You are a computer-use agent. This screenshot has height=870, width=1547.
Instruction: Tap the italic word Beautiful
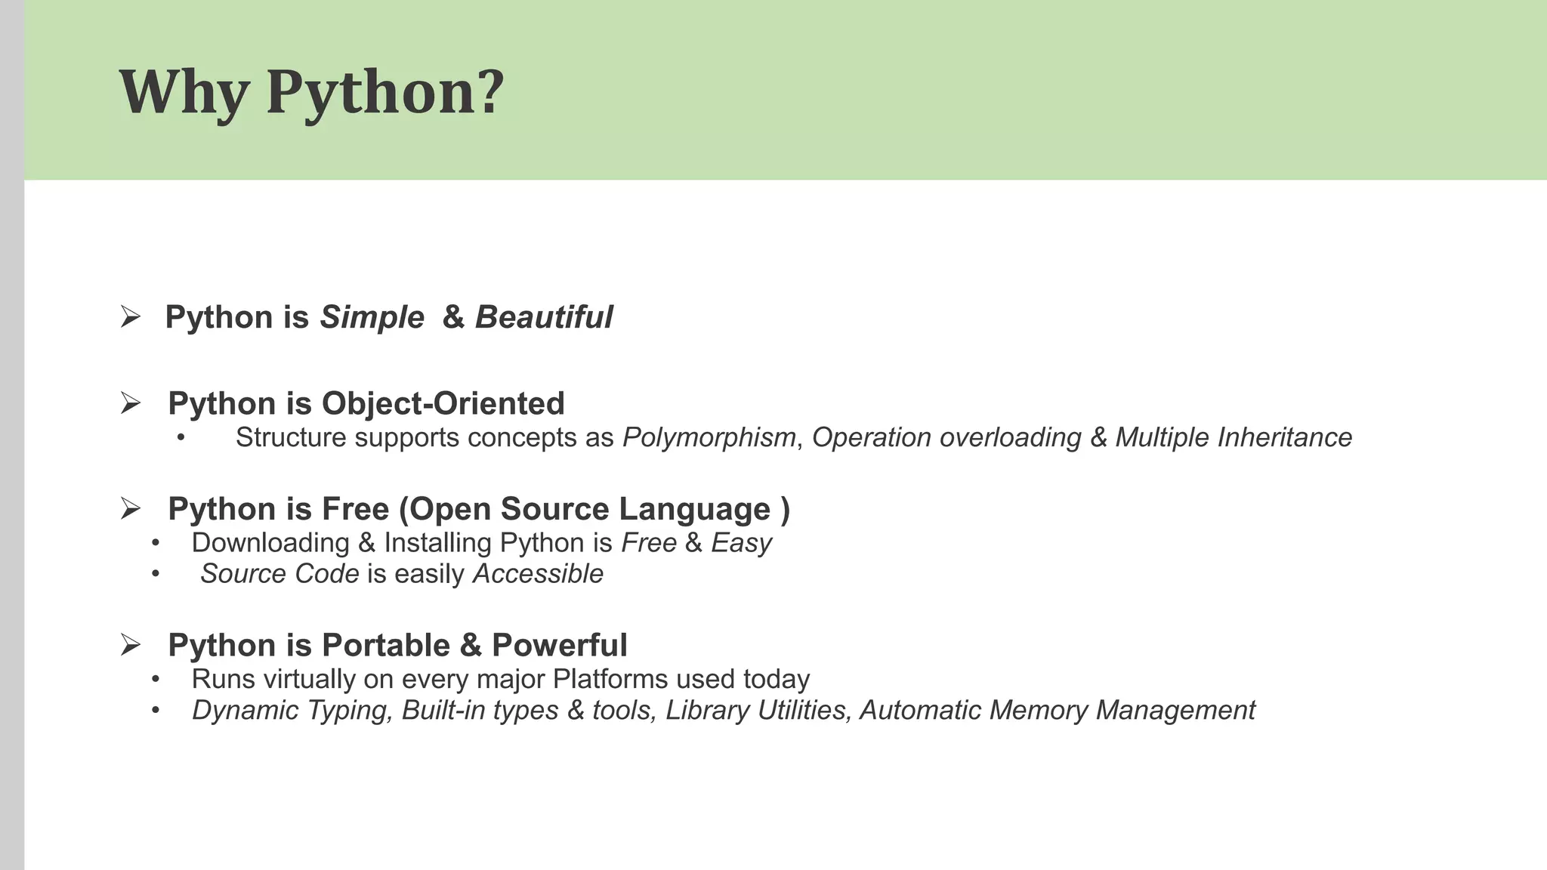click(x=544, y=317)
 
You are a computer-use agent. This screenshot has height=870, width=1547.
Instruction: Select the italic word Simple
click(x=372, y=318)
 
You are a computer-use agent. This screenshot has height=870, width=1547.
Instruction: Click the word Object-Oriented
click(x=443, y=403)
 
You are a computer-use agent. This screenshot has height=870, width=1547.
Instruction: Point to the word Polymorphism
click(x=709, y=438)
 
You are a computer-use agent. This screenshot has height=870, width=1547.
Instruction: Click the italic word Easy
click(x=741, y=543)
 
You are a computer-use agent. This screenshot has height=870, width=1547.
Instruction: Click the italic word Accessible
click(x=538, y=574)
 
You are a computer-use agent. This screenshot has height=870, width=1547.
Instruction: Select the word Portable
click(x=386, y=646)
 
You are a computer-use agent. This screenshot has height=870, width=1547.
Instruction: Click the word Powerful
click(x=559, y=646)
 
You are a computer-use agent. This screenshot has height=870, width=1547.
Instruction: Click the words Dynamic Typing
click(x=292, y=711)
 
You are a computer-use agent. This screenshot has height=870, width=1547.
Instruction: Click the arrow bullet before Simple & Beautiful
click(x=131, y=317)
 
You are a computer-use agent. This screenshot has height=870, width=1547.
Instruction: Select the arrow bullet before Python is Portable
click(x=131, y=646)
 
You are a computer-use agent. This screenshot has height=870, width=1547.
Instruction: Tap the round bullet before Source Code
click(x=156, y=574)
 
